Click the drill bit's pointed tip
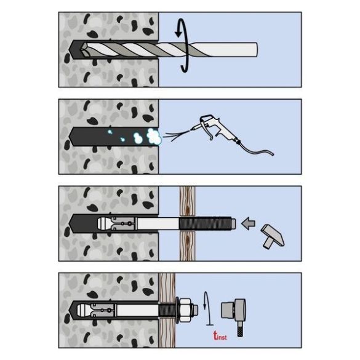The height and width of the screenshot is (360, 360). [x=81, y=50]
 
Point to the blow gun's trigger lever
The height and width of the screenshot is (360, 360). [x=207, y=131]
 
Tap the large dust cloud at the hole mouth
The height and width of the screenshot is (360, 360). [x=153, y=137]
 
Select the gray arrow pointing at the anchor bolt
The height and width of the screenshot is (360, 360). [x=248, y=223]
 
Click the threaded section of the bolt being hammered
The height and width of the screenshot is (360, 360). [x=205, y=223]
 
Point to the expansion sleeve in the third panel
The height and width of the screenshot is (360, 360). [x=124, y=223]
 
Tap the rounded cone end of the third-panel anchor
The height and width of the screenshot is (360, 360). [x=103, y=223]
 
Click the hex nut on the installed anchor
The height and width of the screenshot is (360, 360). [x=186, y=310]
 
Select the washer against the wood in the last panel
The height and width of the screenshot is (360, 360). [x=177, y=310]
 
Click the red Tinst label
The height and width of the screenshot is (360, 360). [x=220, y=335]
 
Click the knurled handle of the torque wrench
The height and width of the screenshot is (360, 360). [x=240, y=329]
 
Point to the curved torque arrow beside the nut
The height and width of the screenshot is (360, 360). [x=207, y=308]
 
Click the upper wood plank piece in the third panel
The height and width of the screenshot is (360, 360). [x=187, y=201]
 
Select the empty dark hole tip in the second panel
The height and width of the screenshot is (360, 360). [x=73, y=137]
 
